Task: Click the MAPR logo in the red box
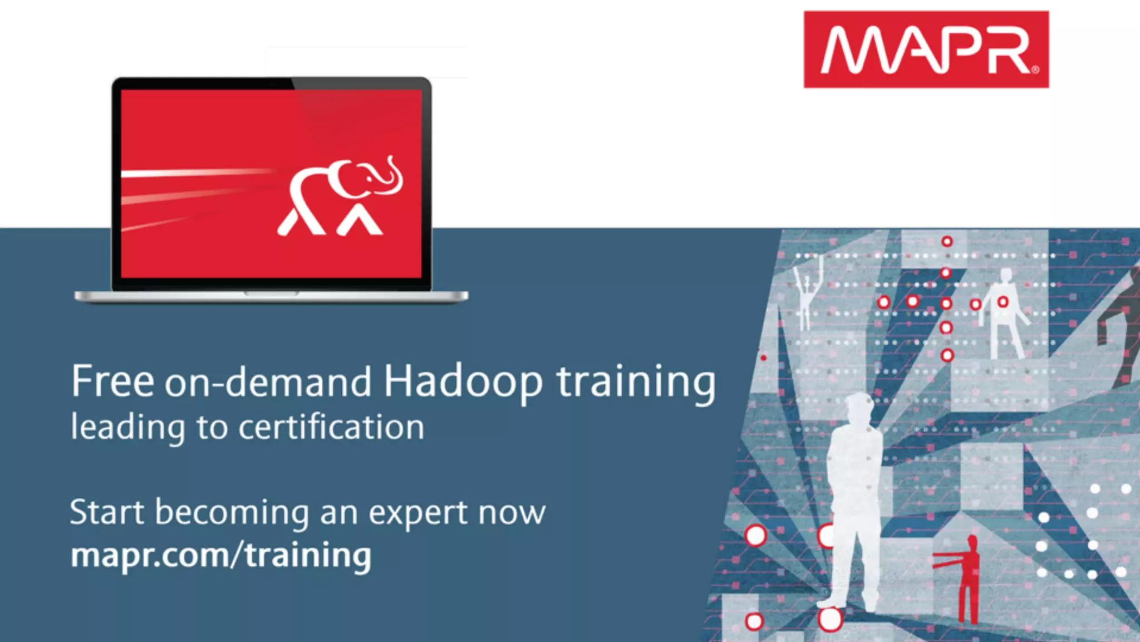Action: pos(926,50)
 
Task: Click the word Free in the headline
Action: pos(112,382)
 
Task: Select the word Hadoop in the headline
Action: pos(463,382)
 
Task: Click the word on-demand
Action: pos(268,383)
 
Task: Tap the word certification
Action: pos(331,428)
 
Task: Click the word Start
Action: pos(107,512)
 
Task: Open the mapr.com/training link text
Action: pos(220,556)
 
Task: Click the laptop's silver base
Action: pos(271,296)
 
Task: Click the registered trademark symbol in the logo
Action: pos(1035,70)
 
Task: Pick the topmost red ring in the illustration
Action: pos(947,241)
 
